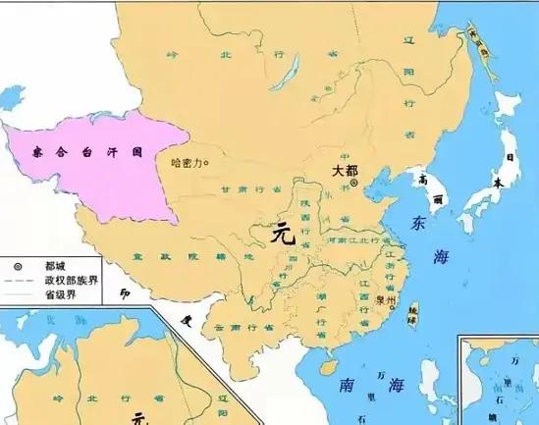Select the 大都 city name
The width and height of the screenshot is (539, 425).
[x=345, y=169]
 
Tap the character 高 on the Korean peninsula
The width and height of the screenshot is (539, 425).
[x=423, y=179]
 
